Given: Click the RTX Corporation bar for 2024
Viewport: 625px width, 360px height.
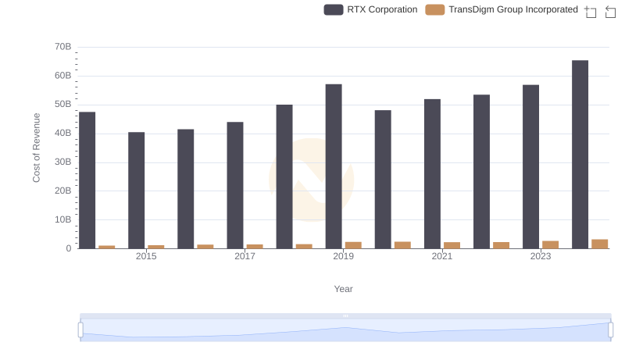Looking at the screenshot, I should [x=580, y=155].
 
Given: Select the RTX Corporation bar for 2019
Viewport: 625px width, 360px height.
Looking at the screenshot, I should [x=334, y=166].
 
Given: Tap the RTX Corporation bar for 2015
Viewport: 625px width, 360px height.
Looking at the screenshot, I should [x=137, y=191].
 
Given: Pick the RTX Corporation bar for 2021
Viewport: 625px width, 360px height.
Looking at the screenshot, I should [x=432, y=174].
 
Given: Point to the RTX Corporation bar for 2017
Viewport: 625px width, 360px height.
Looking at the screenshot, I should [x=235, y=185].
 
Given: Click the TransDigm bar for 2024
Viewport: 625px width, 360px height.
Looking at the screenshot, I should [x=600, y=244].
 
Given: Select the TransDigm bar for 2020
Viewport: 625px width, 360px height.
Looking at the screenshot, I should [x=402, y=245].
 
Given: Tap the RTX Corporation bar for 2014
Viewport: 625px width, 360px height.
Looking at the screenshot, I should [x=87, y=180].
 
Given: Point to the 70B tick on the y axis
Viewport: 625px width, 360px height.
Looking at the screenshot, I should [x=63, y=47].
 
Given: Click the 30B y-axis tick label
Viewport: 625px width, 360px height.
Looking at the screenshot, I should [x=63, y=162].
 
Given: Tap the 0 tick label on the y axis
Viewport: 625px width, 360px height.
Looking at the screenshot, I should [x=69, y=248].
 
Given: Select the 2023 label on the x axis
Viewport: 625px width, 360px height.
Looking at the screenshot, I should [x=541, y=256].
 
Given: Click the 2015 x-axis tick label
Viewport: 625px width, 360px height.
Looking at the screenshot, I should [x=146, y=256].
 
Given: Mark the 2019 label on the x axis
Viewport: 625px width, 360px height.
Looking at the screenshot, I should [x=343, y=256].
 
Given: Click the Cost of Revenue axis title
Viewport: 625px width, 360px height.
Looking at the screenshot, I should [x=37, y=148].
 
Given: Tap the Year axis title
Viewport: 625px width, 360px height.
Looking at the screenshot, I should [x=344, y=289].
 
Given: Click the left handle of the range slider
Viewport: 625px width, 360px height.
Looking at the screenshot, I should [x=80, y=330].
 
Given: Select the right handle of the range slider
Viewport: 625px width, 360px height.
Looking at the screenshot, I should [x=611, y=330].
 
